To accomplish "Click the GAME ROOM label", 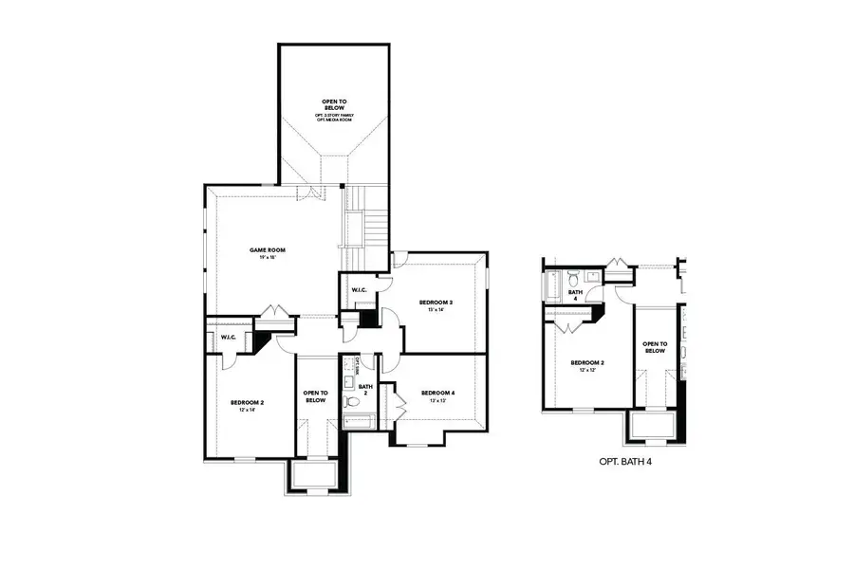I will point(268,250).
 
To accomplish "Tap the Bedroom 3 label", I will point(436,303).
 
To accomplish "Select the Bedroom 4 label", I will point(436,393).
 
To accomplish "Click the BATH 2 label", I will point(365,391).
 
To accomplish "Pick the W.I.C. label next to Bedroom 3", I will point(360,290).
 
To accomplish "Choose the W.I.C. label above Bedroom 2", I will point(229,338).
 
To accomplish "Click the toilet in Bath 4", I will point(573,278).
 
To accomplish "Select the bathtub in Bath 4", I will point(553,284).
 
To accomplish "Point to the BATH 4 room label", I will point(573,296).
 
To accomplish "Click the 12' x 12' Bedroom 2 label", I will point(586,366).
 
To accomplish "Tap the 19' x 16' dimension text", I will point(268,258).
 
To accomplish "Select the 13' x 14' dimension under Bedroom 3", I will point(436,310).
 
